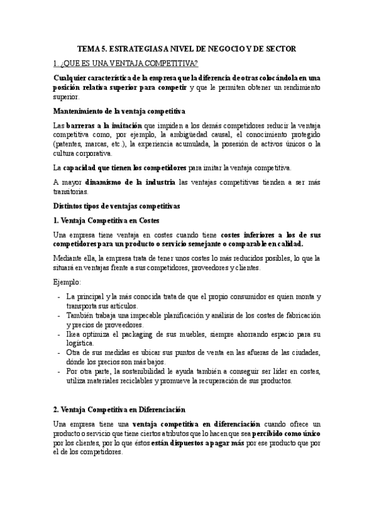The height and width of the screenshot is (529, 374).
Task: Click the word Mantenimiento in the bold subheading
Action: click(x=80, y=111)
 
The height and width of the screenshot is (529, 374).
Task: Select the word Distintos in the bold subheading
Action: click(x=69, y=205)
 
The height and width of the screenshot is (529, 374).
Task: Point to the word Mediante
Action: click(x=69, y=258)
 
